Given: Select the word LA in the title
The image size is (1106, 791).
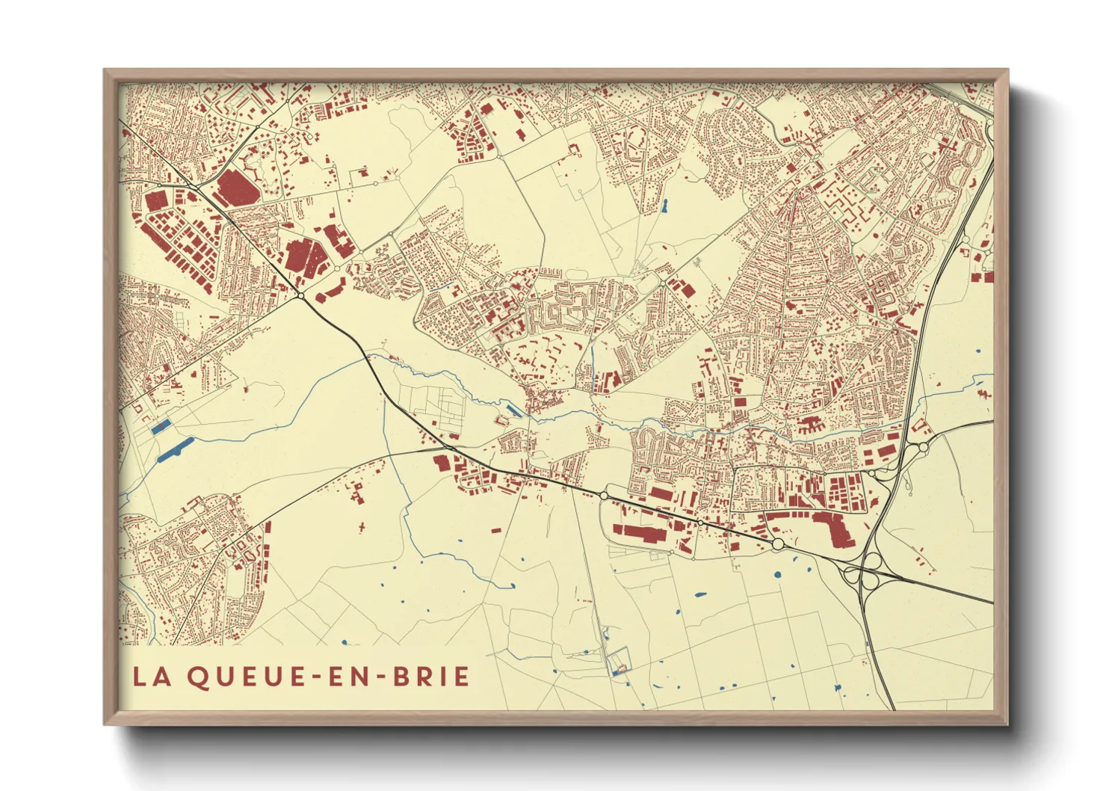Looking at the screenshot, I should (x=149, y=677).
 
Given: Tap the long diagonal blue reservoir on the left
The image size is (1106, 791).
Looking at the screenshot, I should (x=176, y=449).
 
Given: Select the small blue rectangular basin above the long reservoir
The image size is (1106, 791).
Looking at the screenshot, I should (x=161, y=428).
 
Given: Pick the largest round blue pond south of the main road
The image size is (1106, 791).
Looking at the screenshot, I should (x=777, y=575).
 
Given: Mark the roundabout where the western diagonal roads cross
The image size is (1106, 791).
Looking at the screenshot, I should (x=300, y=296).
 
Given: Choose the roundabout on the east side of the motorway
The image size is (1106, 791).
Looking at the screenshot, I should (x=924, y=447).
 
